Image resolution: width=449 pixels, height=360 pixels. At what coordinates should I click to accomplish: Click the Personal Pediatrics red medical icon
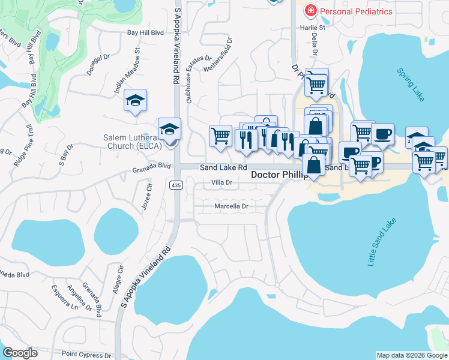click(x=311, y=11)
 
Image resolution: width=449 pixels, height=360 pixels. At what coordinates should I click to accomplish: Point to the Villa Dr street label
click(x=221, y=182)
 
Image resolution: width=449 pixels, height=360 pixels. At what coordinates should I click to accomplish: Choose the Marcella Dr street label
click(x=231, y=206)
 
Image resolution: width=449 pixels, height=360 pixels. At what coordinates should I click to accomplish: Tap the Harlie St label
click(x=313, y=28)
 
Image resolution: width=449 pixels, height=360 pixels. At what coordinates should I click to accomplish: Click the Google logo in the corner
click(x=20, y=353)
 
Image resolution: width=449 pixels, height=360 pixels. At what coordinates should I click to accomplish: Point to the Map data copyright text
click(x=411, y=355)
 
